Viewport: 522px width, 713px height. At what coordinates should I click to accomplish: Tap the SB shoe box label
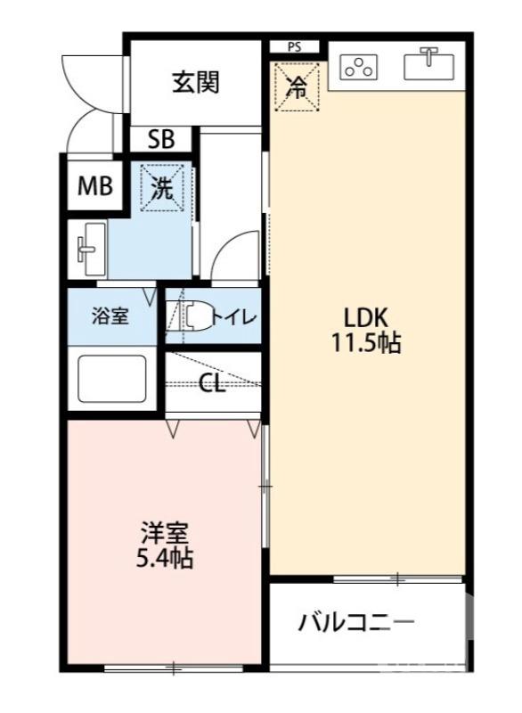pyautogui.click(x=160, y=140)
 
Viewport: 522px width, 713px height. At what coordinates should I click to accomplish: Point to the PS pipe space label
pyautogui.click(x=293, y=47)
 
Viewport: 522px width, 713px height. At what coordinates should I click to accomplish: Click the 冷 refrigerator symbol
pyautogui.click(x=297, y=87)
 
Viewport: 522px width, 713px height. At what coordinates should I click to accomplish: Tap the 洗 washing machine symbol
pyautogui.click(x=162, y=187)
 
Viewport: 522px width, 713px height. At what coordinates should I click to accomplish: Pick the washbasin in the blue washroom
pyautogui.click(x=90, y=249)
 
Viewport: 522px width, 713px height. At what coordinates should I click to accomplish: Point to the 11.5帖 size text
pyautogui.click(x=366, y=343)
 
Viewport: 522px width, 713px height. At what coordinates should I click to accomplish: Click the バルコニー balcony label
pyautogui.click(x=356, y=621)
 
